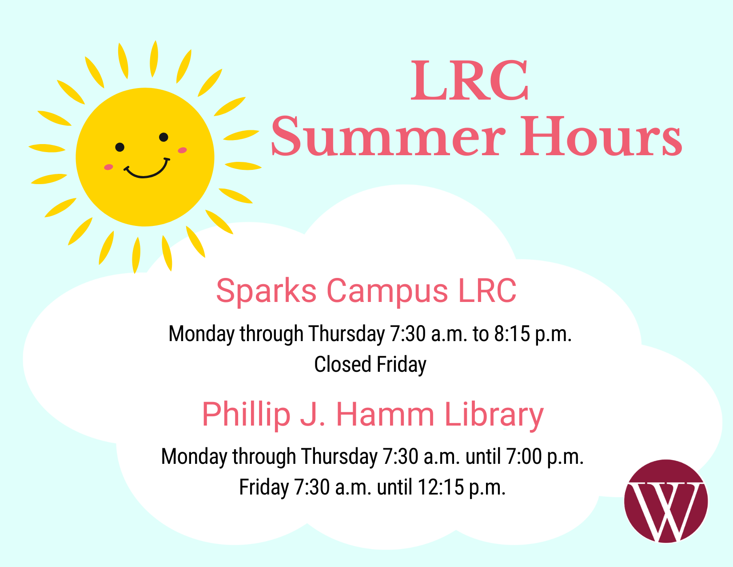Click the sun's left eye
(120, 147)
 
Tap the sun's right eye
(163, 137)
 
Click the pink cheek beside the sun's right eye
(183, 150)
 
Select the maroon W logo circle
(666, 501)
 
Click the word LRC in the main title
(470, 80)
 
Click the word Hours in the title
(601, 136)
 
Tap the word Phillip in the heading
(246, 415)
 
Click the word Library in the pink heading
(494, 415)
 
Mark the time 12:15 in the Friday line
(441, 487)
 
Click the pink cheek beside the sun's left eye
(109, 167)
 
